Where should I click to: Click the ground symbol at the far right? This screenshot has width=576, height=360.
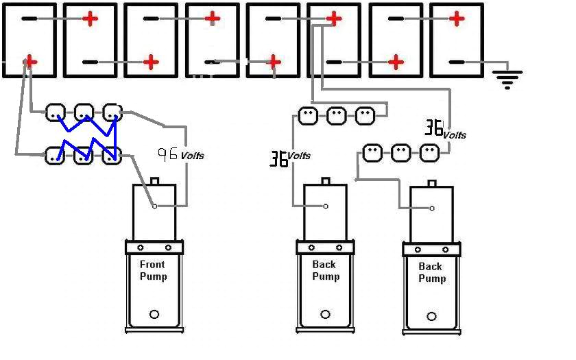point(507,79)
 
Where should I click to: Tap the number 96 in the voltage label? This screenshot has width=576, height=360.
point(167,154)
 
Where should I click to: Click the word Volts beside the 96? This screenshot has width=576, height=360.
point(192,156)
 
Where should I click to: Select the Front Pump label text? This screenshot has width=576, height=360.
point(153,270)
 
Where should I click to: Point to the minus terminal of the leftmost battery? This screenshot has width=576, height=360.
point(29,19)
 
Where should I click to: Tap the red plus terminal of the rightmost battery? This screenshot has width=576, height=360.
point(457,19)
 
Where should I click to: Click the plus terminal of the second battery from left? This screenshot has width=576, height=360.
point(90,19)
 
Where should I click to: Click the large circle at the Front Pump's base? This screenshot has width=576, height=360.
point(154,314)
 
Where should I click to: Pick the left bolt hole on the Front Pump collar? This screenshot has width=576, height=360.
point(139,248)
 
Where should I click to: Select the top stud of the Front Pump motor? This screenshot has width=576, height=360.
point(154,182)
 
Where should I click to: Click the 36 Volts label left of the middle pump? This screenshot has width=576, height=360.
point(289,158)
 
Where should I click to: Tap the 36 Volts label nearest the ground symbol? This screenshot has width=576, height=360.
point(444,130)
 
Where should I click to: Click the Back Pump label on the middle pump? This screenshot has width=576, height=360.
point(324,270)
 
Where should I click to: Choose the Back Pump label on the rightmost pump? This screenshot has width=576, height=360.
point(431,272)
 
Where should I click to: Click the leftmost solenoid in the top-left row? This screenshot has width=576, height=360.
point(56,112)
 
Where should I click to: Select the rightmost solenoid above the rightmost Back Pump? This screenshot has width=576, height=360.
point(429,153)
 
